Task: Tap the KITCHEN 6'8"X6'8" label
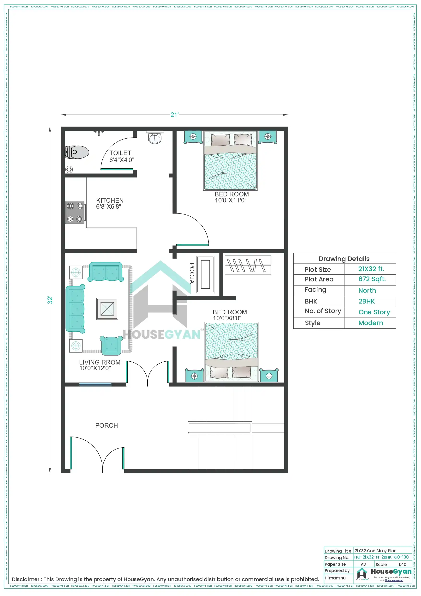(x=110, y=203)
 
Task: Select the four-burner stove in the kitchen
(x=75, y=212)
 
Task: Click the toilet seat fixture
(x=77, y=152)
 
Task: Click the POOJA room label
(x=192, y=273)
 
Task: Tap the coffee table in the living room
(x=107, y=309)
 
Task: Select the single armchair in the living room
(x=111, y=345)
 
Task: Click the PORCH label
(x=106, y=426)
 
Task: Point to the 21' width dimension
(x=174, y=115)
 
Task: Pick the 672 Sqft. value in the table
(x=372, y=279)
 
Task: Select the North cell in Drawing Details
(x=367, y=291)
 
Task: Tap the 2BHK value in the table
(x=367, y=301)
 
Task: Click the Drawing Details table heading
(x=344, y=259)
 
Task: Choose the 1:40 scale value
(x=402, y=564)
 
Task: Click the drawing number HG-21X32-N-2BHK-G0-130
(x=381, y=557)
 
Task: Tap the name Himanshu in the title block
(x=335, y=578)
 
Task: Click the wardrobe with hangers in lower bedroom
(x=248, y=265)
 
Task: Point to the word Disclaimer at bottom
(x=25, y=579)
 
